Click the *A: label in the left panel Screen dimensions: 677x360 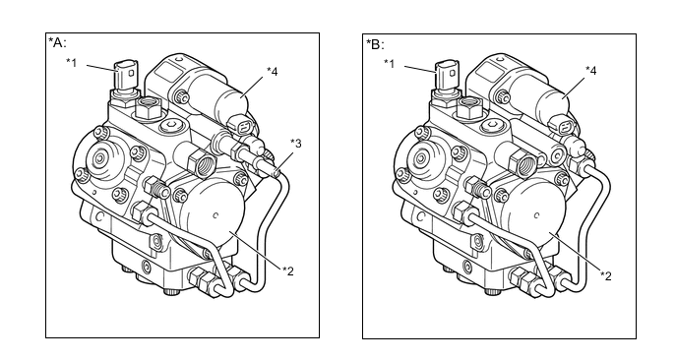tap(57, 42)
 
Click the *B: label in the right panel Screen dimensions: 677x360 tap(375, 44)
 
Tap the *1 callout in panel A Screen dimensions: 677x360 tap(72, 63)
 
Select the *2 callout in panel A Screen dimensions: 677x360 tap(288, 270)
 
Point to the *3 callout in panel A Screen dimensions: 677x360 tap(296, 143)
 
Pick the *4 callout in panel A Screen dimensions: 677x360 tap(272, 71)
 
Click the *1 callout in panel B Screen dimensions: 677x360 tap(390, 64)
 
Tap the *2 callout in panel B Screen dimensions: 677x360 tap(606, 275)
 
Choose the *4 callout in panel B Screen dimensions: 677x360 tap(591, 70)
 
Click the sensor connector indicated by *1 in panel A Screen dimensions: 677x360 tap(127, 74)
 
